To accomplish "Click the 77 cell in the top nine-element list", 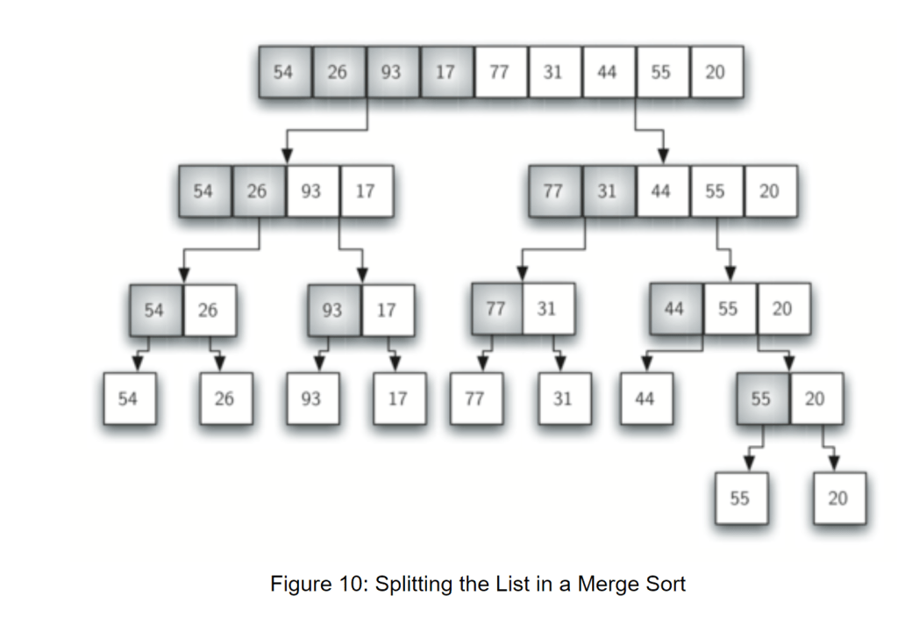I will point(500,72).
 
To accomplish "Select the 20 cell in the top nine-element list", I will point(716,72).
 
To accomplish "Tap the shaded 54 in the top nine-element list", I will point(284,72).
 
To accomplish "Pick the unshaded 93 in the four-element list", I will point(311,190).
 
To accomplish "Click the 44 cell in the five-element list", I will point(661,190).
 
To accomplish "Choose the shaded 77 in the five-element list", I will point(553,190).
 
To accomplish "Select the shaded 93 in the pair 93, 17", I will point(333,310).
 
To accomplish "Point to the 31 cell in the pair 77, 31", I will point(548,309).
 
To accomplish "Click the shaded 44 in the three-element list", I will point(674,309).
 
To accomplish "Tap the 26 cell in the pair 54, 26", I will point(209,310).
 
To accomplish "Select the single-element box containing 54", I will point(129,399).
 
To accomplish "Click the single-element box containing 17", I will point(398,399).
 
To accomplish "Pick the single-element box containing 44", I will point(645,399).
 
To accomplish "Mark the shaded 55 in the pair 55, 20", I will point(761,399).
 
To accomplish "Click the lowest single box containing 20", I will point(838,498).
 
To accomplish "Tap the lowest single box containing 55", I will point(740,498).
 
